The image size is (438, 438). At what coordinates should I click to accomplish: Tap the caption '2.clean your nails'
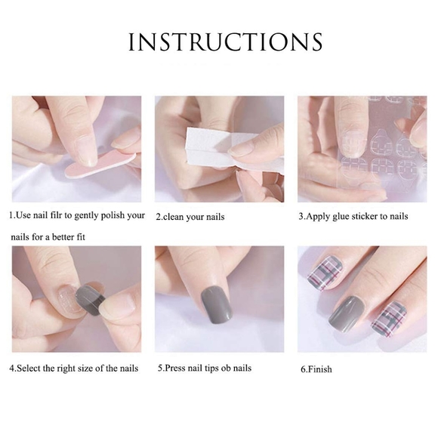pos(190,217)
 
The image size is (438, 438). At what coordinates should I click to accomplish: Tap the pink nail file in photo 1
pos(98,165)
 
